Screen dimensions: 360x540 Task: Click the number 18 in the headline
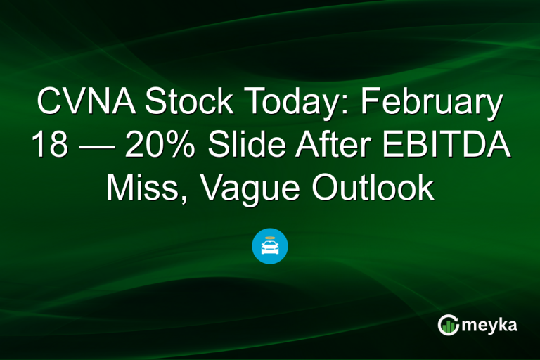click(x=47, y=146)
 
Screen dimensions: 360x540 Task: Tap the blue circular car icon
click(x=270, y=246)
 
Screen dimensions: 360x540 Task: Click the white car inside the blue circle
click(x=270, y=247)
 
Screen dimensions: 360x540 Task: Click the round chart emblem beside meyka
click(x=447, y=324)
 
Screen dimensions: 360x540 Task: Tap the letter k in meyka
click(x=504, y=323)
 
